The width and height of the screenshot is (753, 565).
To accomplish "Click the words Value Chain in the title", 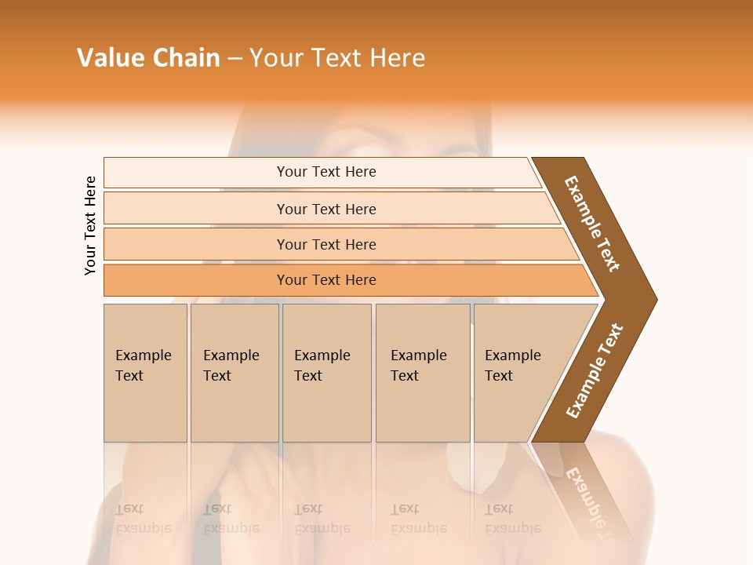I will pyautogui.click(x=148, y=57).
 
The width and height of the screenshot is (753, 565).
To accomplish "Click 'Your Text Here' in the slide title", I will pyautogui.click(x=337, y=57).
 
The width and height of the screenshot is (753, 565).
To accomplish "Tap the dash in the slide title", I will pyautogui.click(x=235, y=58).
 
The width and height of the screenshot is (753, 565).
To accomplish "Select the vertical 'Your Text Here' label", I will pyautogui.click(x=91, y=225).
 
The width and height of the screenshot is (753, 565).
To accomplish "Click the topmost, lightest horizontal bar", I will pyautogui.click(x=326, y=172).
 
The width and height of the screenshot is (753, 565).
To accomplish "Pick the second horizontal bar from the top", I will pyautogui.click(x=326, y=209).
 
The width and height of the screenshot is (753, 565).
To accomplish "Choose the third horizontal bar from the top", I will pyautogui.click(x=326, y=244).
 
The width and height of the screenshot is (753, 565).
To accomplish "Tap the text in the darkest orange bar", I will pyautogui.click(x=326, y=280).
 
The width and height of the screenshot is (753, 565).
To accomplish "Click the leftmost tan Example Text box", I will pyautogui.click(x=145, y=372).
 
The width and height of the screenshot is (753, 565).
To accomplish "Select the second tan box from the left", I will pyautogui.click(x=234, y=372).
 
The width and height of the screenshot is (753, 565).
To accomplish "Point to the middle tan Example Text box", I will pyautogui.click(x=326, y=372).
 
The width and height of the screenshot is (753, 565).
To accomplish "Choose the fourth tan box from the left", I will pyautogui.click(x=422, y=372).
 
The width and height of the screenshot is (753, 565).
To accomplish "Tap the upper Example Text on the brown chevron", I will pyautogui.click(x=592, y=224).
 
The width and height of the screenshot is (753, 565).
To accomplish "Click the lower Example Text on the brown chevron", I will pyautogui.click(x=595, y=370).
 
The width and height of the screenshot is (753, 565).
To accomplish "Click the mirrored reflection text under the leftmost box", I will pyautogui.click(x=143, y=519).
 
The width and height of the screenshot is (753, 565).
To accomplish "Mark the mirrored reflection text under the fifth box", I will pyautogui.click(x=512, y=519).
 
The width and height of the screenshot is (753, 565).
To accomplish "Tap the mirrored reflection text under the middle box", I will pyautogui.click(x=322, y=519).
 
